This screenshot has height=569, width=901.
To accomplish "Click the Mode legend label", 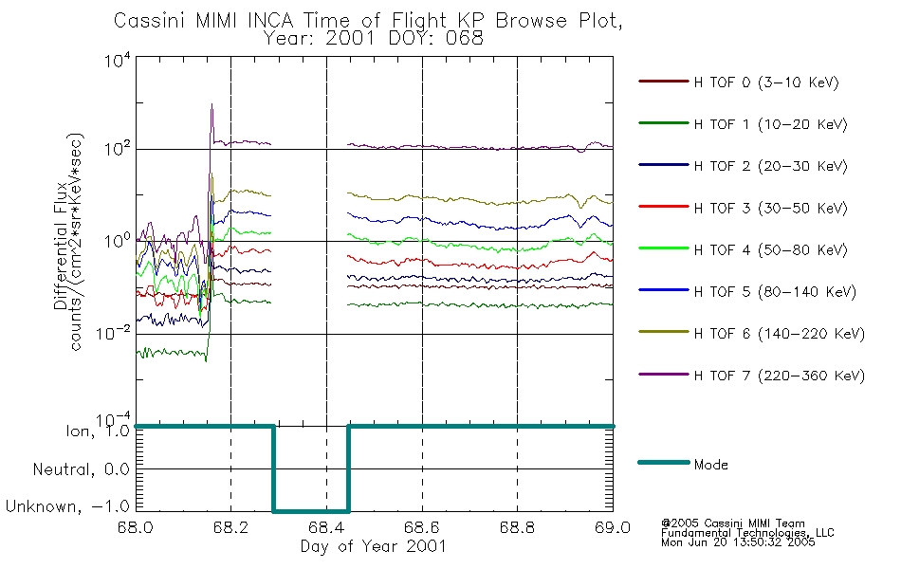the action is tap(710, 465).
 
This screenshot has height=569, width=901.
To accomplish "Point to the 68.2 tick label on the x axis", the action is tap(231, 527).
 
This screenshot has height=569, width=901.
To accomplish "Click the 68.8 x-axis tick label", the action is tap(517, 527).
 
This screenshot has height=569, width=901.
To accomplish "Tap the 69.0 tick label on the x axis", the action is tap(613, 527).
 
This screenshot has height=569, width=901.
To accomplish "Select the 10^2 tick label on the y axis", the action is tap(118, 149).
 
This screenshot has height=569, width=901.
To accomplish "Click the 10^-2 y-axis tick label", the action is tap(114, 333).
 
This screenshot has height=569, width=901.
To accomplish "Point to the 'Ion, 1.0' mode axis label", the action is tap(98, 431).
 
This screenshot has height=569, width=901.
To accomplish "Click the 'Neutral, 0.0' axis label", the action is tap(81, 469).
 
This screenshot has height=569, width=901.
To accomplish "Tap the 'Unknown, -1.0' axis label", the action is tap(67, 506).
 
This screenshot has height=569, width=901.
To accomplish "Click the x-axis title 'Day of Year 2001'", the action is tap(374, 546).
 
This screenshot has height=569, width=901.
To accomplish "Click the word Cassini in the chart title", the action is tap(151, 21).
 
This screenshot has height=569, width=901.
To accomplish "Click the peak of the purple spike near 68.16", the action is tap(212, 104).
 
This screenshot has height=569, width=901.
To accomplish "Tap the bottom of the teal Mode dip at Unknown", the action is tap(311, 511).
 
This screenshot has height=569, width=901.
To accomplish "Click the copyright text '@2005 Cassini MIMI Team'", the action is tap(732, 523).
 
